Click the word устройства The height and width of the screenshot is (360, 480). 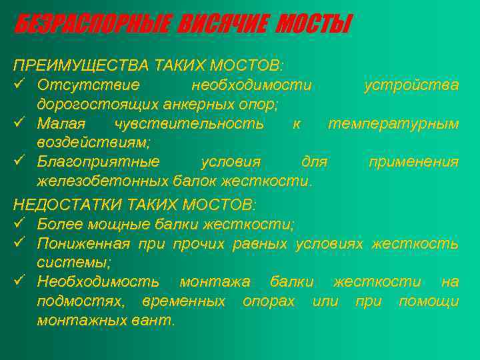pyautogui.click(x=411, y=85)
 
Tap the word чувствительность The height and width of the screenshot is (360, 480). pyautogui.click(x=189, y=124)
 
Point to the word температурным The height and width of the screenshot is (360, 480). pyautogui.click(x=393, y=124)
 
